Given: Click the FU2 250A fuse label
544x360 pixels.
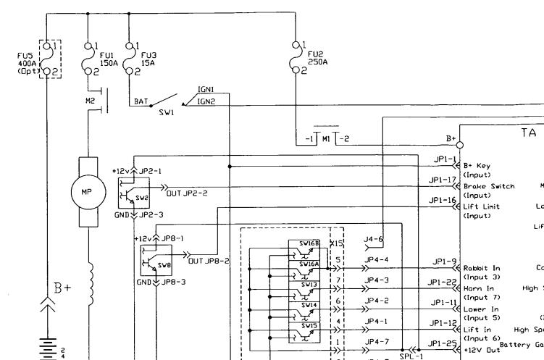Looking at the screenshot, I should click(317, 57).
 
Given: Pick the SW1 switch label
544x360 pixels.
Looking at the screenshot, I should click(167, 114).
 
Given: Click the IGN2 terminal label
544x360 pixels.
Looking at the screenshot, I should click(206, 101).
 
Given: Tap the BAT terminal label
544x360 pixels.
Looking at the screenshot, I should click(141, 102).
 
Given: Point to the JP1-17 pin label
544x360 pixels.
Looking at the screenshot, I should click(443, 180).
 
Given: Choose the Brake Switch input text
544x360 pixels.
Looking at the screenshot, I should click(489, 186).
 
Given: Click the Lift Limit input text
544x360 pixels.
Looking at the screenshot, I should click(482, 206).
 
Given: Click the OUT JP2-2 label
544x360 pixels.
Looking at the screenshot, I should click(187, 193).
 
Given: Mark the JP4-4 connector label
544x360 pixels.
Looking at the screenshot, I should click(377, 259).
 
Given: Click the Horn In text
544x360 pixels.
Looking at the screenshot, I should click(480, 288).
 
